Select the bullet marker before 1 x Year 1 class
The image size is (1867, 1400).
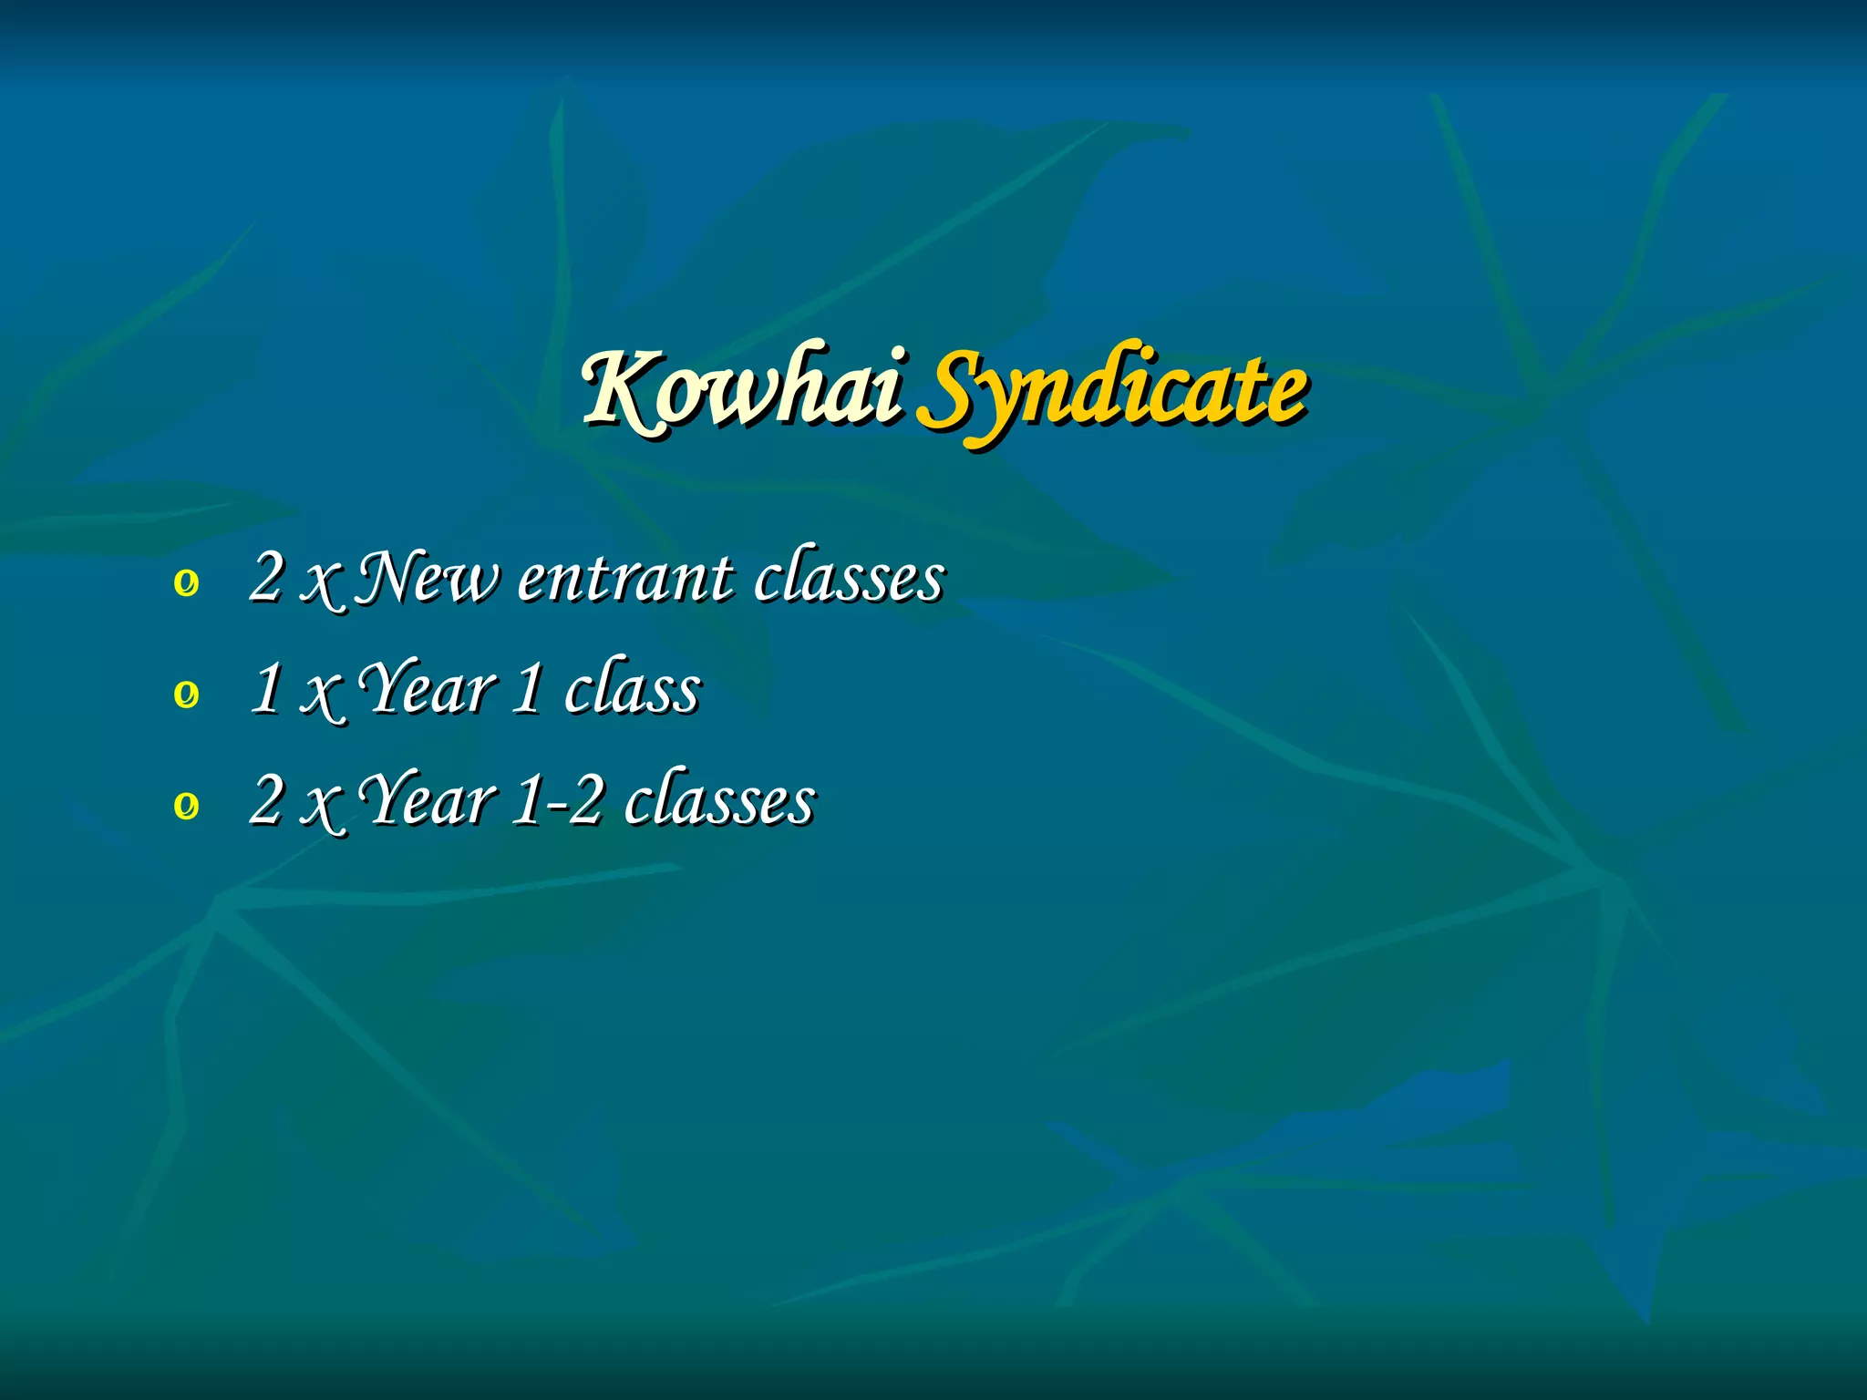[x=186, y=695]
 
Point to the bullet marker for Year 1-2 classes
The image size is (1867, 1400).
[x=186, y=806]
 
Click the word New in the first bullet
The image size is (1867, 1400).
[x=427, y=578]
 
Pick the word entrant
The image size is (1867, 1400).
[x=624, y=578]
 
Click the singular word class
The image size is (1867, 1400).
[x=633, y=689]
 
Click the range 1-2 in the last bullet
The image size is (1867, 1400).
[x=557, y=800]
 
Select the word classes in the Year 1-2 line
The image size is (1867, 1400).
[x=720, y=800]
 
